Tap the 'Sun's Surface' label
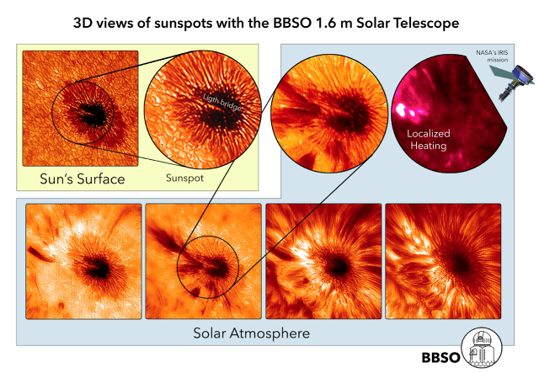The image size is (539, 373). pos(83,179)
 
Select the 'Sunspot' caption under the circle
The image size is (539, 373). pos(184,178)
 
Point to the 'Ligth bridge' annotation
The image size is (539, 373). pos(222,103)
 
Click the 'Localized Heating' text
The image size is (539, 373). pos(429,140)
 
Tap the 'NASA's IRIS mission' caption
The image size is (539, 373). pos(492,56)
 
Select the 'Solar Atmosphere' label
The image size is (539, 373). pos(251,333)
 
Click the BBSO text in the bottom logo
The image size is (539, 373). pos(440,358)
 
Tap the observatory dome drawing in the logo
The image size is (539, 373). pos(481,348)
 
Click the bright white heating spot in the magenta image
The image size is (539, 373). pos(400,109)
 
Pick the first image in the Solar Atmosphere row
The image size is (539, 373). pos(83,261)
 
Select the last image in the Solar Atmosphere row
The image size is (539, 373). pos(443,261)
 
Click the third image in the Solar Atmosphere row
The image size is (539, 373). pos(323,261)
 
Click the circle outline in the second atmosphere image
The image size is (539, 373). pos(208,236)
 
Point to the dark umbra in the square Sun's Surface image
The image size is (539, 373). pos(92,115)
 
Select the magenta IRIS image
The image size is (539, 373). pos(447,114)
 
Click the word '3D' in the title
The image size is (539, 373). pos(82,24)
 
